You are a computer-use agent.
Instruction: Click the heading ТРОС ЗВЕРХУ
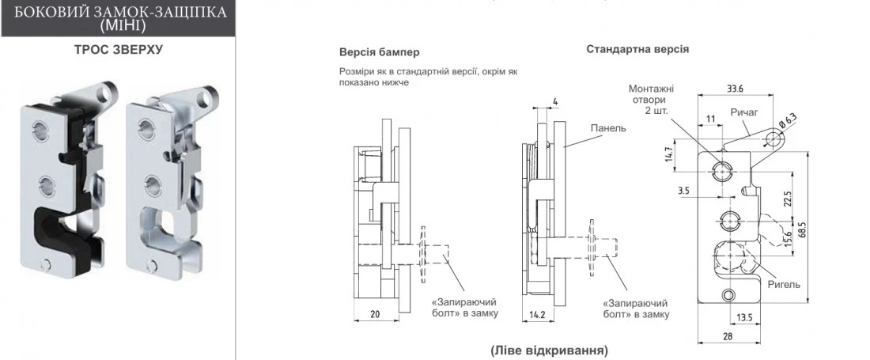118,49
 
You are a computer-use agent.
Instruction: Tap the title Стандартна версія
637,49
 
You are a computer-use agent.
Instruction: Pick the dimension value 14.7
669,155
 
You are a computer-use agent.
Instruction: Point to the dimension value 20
375,314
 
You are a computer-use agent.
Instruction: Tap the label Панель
607,128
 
